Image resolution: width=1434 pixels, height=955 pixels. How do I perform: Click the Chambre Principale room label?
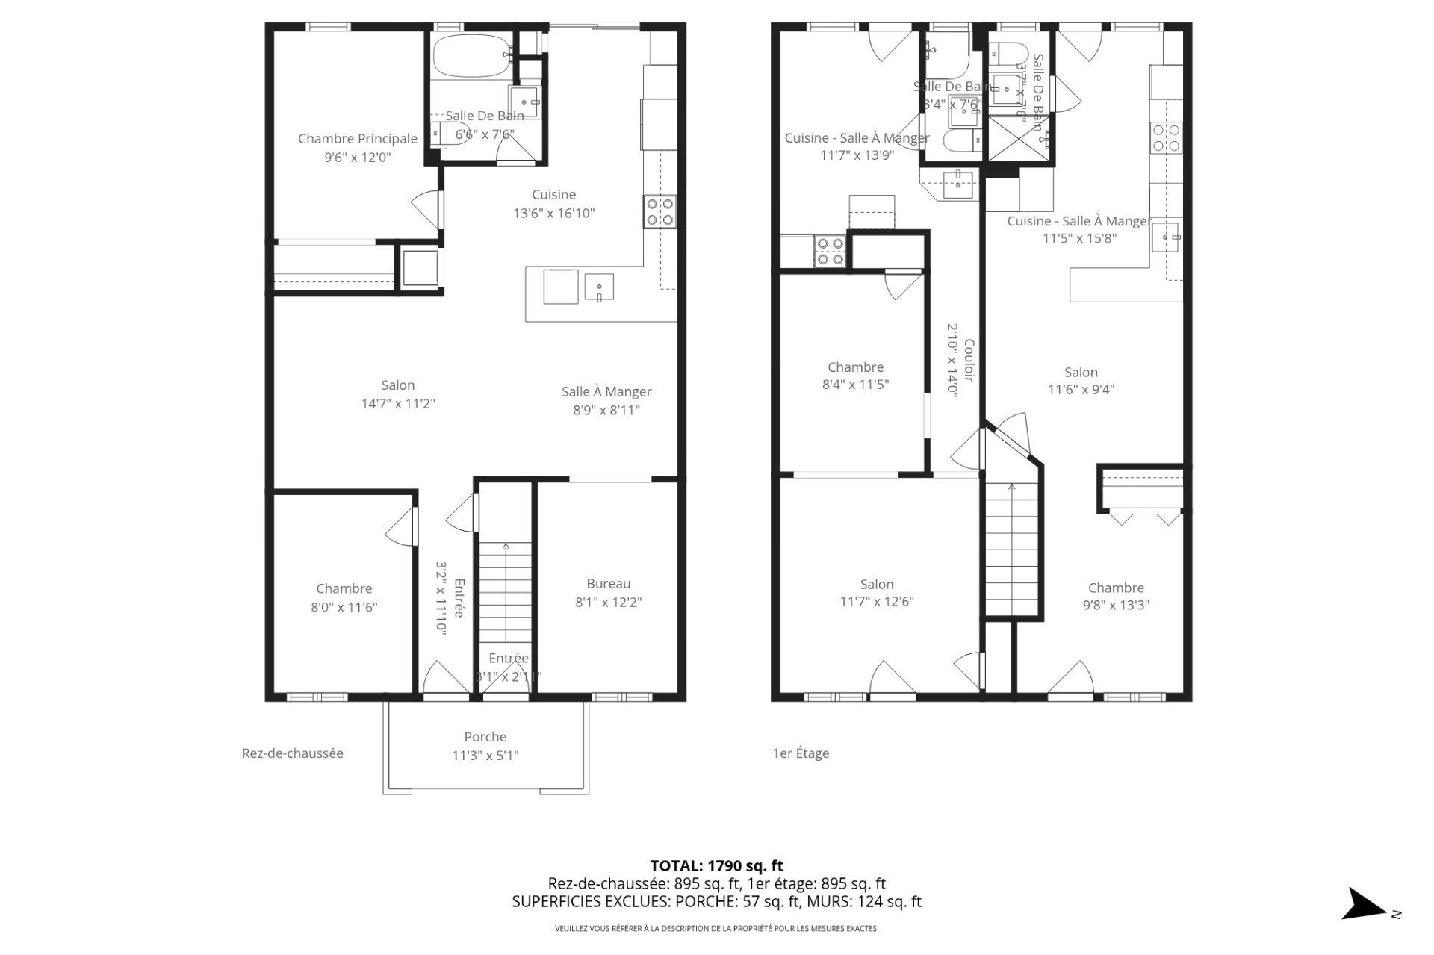[357, 138]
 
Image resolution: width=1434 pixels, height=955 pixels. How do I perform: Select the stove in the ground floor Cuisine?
[659, 211]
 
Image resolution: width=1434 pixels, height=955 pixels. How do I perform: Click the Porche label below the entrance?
[485, 737]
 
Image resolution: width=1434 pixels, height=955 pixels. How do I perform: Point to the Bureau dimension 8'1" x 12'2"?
[608, 602]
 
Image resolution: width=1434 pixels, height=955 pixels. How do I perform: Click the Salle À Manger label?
[606, 391]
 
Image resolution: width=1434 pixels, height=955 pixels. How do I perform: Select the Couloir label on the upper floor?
[969, 361]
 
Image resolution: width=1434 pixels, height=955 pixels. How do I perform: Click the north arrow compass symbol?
[1365, 904]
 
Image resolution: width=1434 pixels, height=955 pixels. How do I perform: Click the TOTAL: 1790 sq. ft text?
[716, 866]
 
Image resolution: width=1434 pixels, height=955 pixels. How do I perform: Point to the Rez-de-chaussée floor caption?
[292, 753]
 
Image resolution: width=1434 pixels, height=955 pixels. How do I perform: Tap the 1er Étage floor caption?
[801, 753]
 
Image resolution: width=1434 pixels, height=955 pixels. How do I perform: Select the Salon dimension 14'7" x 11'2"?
[397, 404]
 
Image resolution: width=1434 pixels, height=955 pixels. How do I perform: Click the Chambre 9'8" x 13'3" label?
[1116, 596]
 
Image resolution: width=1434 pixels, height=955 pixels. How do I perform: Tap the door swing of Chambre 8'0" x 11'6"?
[401, 527]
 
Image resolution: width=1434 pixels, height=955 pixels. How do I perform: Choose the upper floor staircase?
[1012, 549]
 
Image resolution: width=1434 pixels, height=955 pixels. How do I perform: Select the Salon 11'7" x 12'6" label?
[876, 593]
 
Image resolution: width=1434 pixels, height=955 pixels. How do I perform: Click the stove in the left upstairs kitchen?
[829, 251]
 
